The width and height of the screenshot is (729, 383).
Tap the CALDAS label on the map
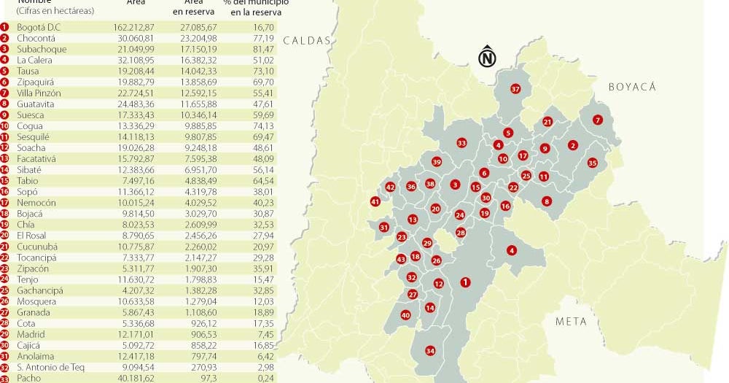(307, 41)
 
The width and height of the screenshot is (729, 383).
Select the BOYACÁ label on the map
(632, 87)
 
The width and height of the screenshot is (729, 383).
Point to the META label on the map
(570, 321)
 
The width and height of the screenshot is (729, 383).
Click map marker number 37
(515, 89)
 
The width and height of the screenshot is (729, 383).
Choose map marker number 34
(430, 351)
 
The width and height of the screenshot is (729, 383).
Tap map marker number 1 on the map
(466, 282)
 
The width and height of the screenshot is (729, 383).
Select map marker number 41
(375, 201)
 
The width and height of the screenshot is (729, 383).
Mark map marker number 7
(598, 120)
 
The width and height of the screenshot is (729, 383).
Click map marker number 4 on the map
(512, 251)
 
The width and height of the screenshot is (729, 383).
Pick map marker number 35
(592, 163)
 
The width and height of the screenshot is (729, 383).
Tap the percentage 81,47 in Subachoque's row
(264, 49)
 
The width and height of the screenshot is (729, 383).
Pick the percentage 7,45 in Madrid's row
(266, 334)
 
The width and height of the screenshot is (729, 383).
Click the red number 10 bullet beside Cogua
(5, 125)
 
